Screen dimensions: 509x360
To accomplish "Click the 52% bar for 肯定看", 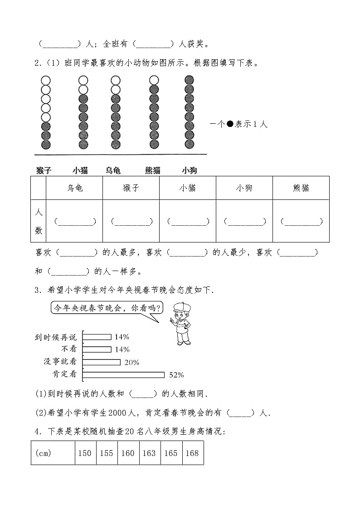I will pos(124,374).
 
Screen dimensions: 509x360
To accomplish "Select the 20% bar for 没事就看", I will pos(102,362).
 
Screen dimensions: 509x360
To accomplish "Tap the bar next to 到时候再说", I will pos(97,337).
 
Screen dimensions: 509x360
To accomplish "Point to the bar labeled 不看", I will pos(97,349).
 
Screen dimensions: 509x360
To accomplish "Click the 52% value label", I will pos(176,375).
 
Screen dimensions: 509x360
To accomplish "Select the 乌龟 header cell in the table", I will pos(74,188).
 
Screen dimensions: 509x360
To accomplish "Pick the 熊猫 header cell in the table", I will pos(301,188).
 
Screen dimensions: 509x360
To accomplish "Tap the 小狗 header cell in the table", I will pos(244,188).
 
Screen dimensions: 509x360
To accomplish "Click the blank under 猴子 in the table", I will pos(131,222).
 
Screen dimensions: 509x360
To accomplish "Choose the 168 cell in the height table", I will pos(192,453).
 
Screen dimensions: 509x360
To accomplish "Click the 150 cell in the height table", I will pos(85,453).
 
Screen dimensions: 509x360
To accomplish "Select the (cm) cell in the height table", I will pos(53,453).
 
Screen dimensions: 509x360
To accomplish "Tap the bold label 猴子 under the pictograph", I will pos(44,170).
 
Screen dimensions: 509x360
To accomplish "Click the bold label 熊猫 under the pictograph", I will pos(153,170).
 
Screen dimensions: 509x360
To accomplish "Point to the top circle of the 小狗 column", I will pos(189,80).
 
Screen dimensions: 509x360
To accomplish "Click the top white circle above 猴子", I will pos(46,80).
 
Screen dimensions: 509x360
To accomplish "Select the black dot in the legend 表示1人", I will pos(230,124).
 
